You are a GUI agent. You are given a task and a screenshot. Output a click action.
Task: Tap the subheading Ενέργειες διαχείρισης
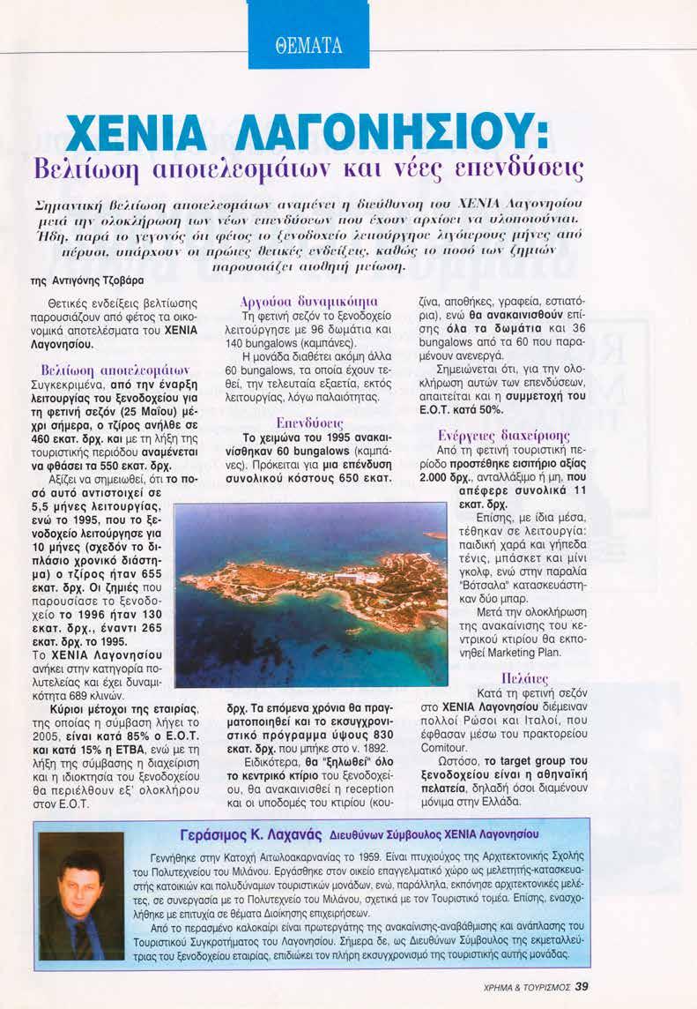click(x=503, y=435)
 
